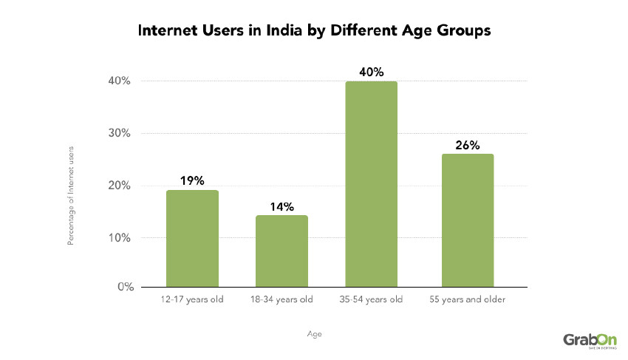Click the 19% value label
point(192,180)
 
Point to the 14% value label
point(281,206)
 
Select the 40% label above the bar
point(372,72)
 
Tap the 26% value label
point(467,144)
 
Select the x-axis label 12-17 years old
point(192,299)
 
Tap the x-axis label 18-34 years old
point(281,299)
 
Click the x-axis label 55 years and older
point(467,299)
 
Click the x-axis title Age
point(314,334)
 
